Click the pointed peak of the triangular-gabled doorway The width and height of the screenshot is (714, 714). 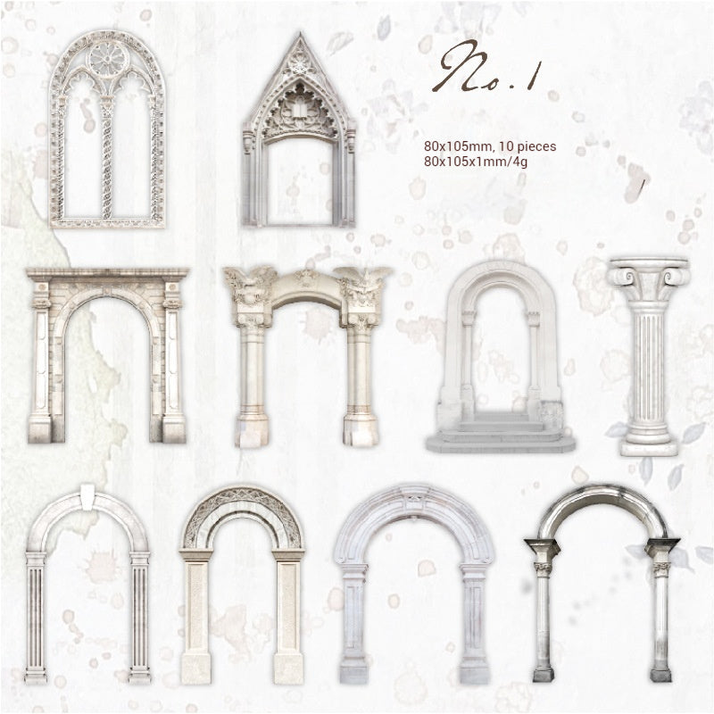pos(298,43)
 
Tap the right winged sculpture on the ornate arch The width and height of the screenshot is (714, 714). pos(363,288)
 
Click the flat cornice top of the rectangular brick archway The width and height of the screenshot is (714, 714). pos(107,274)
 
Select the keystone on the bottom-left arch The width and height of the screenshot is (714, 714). pos(87,495)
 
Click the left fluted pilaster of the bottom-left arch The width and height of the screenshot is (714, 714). pos(37,616)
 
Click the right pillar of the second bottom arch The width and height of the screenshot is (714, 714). pos(287,616)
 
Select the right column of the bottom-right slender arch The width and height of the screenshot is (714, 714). pos(660,625)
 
